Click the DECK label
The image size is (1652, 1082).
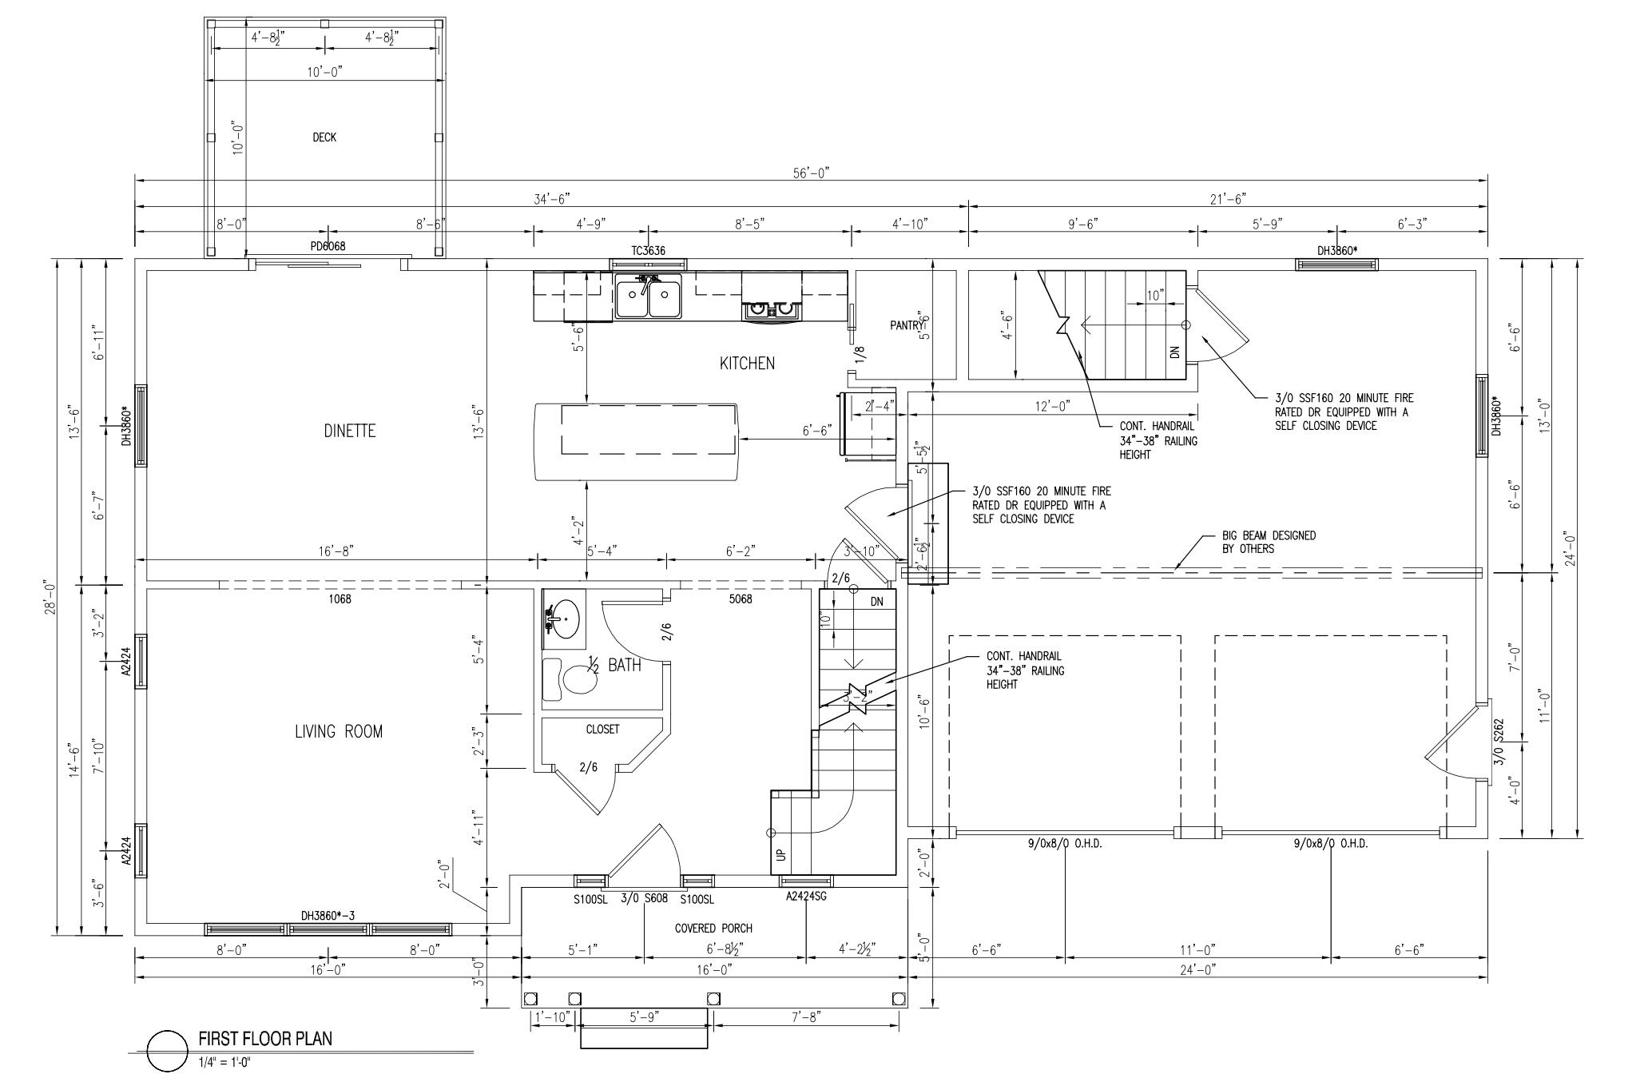[x=324, y=137]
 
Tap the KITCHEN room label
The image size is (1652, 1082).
[x=747, y=364]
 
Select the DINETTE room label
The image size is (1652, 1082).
[x=349, y=431]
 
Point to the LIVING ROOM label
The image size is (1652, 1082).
[x=339, y=731]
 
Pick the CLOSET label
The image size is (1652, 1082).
[x=602, y=730]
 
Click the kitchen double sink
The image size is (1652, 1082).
[x=648, y=297]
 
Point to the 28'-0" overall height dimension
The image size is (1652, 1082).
[x=50, y=596]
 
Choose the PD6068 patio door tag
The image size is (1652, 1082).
[x=328, y=246]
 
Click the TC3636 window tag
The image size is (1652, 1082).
[x=648, y=251]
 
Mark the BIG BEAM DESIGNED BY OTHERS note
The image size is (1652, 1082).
[x=1269, y=543]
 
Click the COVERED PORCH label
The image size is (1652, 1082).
[x=713, y=929]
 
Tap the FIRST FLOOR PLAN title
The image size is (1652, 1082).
[x=265, y=1039]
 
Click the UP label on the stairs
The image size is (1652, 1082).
[x=781, y=853]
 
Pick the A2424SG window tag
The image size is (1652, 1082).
[x=806, y=897]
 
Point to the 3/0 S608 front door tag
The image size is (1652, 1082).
[x=644, y=899]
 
